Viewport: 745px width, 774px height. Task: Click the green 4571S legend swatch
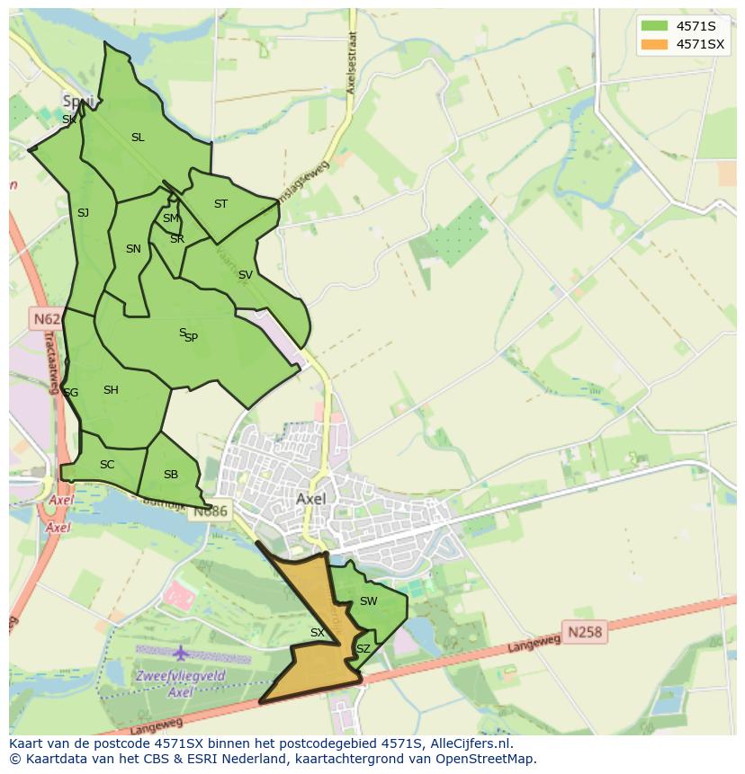pyautogui.click(x=655, y=26)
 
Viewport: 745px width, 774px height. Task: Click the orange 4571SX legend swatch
pyautogui.click(x=655, y=44)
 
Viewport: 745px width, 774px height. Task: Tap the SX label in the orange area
pyautogui.click(x=317, y=633)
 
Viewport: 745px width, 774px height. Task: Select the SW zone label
pyautogui.click(x=368, y=601)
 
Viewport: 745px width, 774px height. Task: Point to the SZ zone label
pyautogui.click(x=363, y=648)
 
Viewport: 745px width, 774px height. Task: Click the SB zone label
pyautogui.click(x=170, y=475)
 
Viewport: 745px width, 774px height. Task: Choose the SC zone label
pyautogui.click(x=107, y=465)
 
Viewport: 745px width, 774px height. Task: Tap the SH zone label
pyautogui.click(x=111, y=390)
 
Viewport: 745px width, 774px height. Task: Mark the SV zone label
pyautogui.click(x=245, y=275)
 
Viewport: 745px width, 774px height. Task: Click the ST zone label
pyautogui.click(x=220, y=204)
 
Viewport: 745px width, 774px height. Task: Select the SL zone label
pyautogui.click(x=138, y=138)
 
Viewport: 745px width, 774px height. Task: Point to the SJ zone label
pyautogui.click(x=83, y=213)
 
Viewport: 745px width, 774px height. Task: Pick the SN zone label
pyautogui.click(x=133, y=249)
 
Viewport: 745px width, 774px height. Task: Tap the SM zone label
pyautogui.click(x=170, y=218)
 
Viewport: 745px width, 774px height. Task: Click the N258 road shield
pyautogui.click(x=585, y=632)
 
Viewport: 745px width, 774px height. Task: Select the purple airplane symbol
pyautogui.click(x=181, y=652)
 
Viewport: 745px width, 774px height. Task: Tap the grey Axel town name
pyautogui.click(x=310, y=498)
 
